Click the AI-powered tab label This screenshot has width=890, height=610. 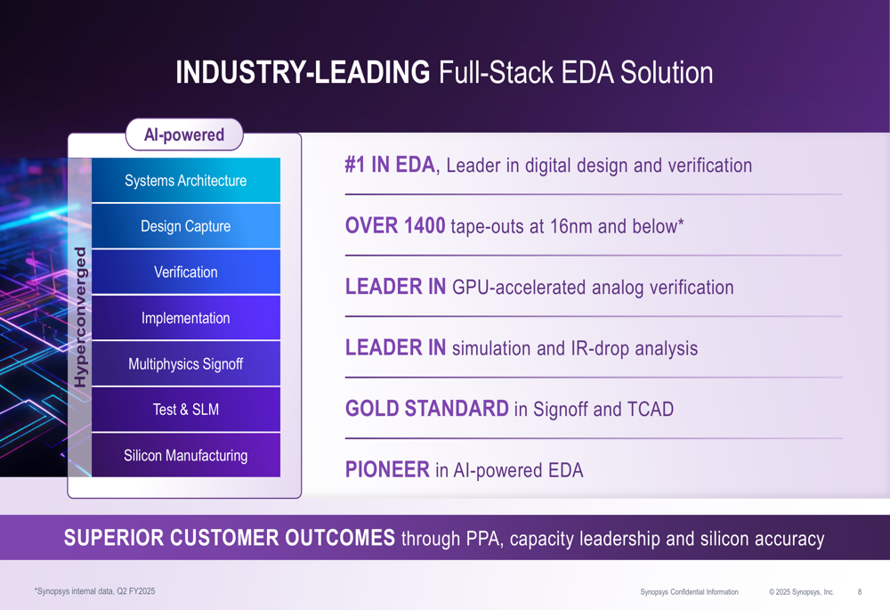point(184,135)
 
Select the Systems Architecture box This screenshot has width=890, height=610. point(185,181)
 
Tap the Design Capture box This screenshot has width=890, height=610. point(185,226)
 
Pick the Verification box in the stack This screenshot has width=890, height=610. point(185,272)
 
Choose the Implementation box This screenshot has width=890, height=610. point(185,318)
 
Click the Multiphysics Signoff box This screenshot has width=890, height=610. point(185,364)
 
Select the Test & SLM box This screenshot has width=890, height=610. point(185,410)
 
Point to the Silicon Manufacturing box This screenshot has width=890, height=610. point(185,456)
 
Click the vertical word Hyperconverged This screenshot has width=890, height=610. point(80,317)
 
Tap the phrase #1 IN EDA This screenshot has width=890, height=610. point(390,166)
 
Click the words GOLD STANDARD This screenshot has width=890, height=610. point(426,410)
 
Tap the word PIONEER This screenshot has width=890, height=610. point(387,470)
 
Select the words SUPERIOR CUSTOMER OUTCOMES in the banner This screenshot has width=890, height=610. point(230,538)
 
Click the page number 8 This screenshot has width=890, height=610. point(859,592)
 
